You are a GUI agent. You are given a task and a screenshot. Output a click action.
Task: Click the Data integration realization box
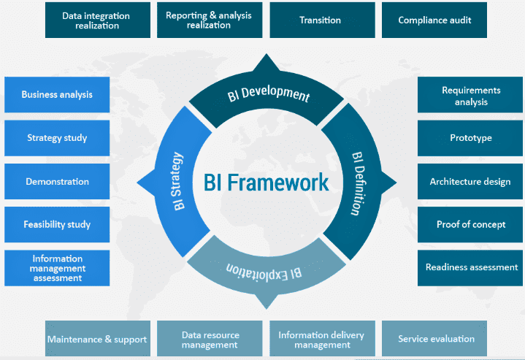click(98, 20)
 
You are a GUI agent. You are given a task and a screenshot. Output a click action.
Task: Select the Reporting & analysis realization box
click(210, 20)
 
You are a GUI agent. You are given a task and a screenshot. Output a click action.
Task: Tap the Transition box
click(323, 20)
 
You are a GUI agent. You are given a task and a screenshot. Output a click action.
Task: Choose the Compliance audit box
click(434, 20)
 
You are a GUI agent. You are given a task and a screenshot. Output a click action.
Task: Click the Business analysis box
click(57, 95)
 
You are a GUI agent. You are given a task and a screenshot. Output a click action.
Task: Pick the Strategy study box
click(57, 138)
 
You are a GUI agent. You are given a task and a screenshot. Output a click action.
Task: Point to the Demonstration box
click(57, 182)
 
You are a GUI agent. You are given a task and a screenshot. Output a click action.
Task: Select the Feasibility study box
click(57, 224)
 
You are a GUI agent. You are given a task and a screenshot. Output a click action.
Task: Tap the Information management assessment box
click(57, 268)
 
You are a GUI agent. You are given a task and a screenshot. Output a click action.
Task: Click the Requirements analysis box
click(470, 95)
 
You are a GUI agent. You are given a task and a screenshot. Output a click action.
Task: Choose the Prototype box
click(470, 138)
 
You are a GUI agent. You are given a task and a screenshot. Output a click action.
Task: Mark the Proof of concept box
click(470, 224)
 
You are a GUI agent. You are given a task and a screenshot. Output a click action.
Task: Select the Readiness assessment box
click(470, 268)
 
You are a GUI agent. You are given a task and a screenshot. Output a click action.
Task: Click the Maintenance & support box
click(98, 339)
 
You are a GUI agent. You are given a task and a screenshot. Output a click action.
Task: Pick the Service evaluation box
click(434, 339)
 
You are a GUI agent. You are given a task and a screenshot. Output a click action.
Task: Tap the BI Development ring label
click(269, 93)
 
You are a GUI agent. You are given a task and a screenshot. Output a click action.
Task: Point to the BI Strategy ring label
click(177, 181)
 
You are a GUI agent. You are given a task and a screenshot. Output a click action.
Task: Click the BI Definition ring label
click(358, 183)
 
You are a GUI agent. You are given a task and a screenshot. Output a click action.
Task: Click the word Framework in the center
click(278, 183)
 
